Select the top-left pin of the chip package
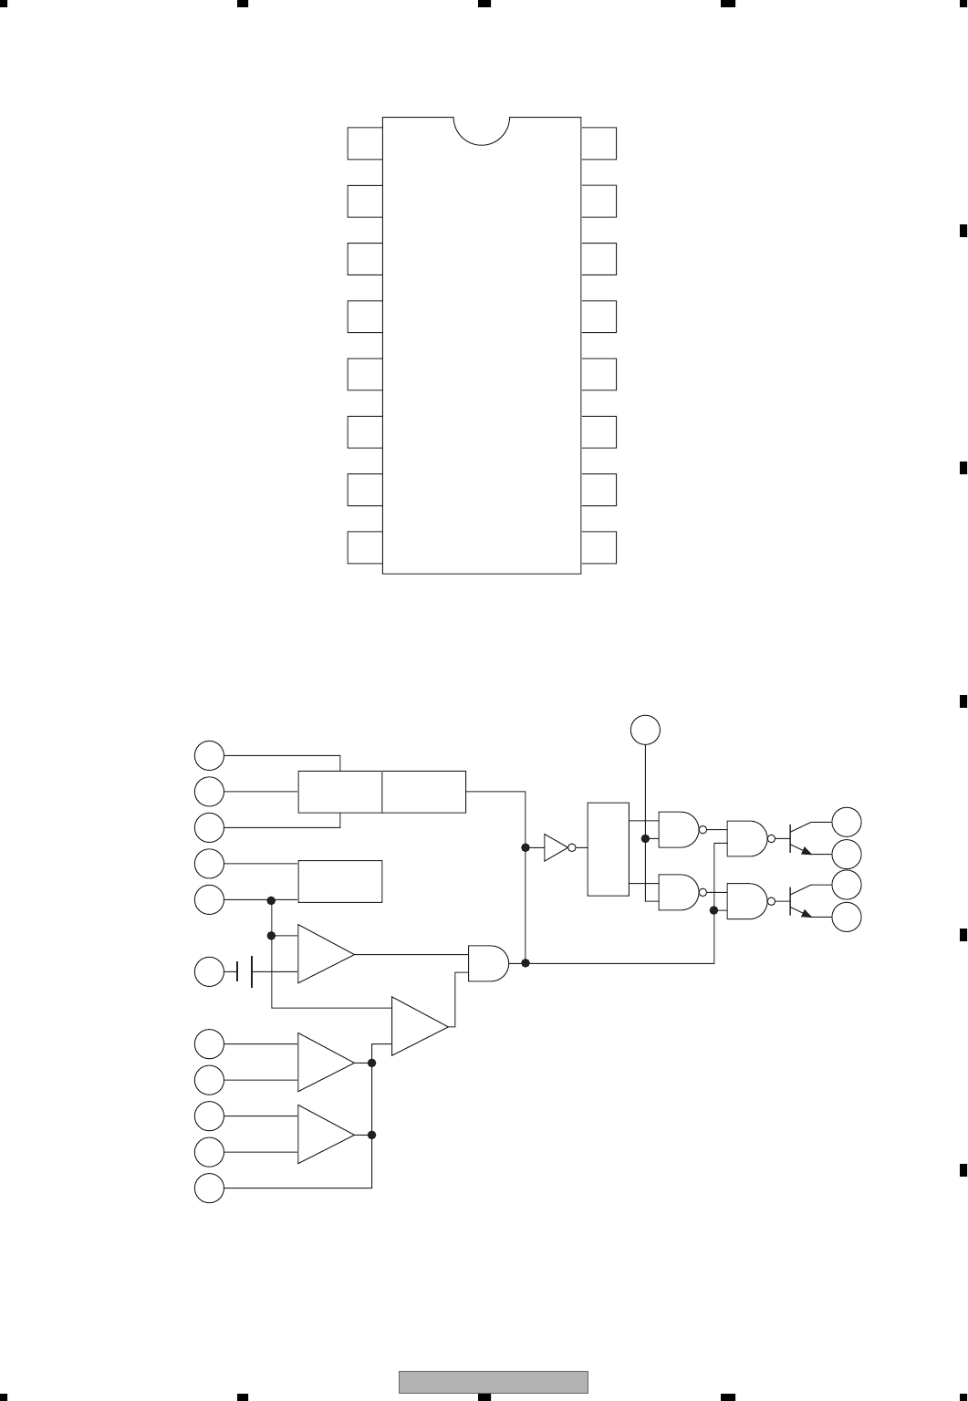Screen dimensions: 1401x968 point(364,143)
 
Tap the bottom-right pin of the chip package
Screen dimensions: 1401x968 point(598,547)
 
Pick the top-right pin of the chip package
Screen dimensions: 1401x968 point(598,143)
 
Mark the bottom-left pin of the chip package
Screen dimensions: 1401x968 point(364,547)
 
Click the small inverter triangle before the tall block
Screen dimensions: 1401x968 point(555,847)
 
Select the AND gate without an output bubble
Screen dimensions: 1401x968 point(487,962)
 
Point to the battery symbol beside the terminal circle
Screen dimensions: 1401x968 point(245,972)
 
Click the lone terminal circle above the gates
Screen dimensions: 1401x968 point(645,730)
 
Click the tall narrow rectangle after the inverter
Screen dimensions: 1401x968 point(609,849)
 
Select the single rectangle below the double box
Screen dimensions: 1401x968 point(340,881)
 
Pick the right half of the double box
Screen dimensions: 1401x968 point(424,791)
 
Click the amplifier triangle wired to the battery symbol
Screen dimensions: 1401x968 point(324,955)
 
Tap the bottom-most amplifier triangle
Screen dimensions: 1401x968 point(324,1135)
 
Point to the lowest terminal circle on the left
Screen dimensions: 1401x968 point(210,1188)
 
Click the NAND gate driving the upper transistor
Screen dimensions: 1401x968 point(747,838)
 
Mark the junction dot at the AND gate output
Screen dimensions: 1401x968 point(526,963)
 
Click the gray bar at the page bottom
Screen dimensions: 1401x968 point(493,1382)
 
